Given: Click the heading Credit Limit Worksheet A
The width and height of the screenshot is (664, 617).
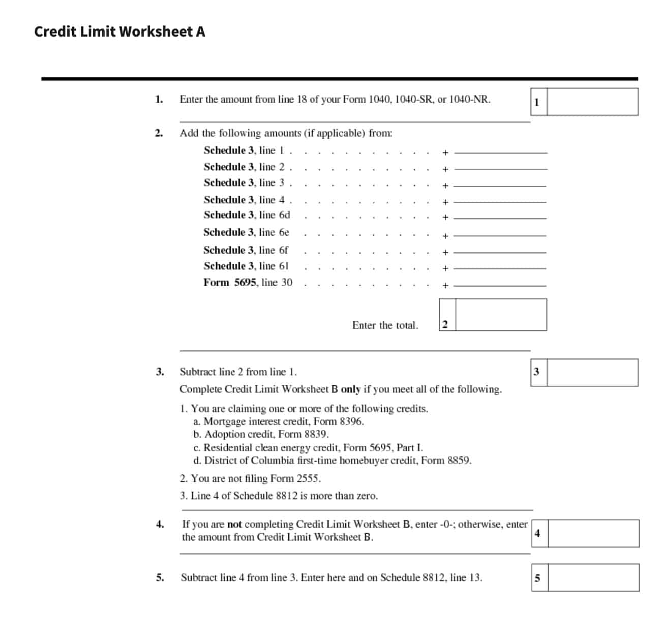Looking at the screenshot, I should point(119,32).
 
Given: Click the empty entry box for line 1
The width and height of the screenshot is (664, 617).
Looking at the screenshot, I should point(592,102).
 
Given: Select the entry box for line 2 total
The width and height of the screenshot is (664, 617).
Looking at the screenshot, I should point(501,315).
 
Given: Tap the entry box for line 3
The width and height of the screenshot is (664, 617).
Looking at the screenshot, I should point(592,373).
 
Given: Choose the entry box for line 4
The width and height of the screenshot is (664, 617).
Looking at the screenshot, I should point(593,533).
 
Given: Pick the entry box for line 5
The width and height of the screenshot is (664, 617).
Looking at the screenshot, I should point(593,577).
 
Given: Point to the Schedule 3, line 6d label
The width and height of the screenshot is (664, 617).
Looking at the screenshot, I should point(247,215).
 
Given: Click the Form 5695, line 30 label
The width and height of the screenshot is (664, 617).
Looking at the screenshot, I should point(248,283).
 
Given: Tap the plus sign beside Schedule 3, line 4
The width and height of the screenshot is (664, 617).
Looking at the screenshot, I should point(445,202).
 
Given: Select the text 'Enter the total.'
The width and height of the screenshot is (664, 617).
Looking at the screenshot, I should point(385,325).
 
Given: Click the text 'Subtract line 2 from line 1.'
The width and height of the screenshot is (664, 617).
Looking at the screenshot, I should point(238,372).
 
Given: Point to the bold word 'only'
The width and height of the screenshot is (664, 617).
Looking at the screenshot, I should point(350,389).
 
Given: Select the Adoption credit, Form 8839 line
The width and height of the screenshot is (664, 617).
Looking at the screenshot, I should point(261,435).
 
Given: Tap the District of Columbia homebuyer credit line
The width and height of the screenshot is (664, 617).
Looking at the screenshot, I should point(332,461).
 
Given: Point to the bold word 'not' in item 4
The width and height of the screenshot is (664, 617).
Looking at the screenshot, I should point(234,525).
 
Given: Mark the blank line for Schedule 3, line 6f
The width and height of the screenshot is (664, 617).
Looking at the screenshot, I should point(500,252).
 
